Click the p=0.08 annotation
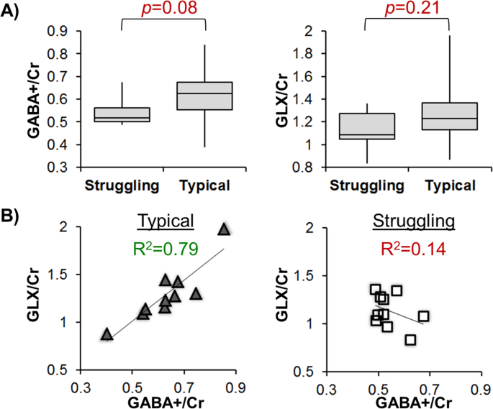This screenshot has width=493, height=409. click(x=164, y=9)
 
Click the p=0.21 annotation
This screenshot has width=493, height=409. click(x=407, y=9)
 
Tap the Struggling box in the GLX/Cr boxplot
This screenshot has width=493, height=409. click(x=366, y=126)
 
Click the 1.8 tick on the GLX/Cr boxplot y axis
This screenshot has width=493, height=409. click(x=299, y=54)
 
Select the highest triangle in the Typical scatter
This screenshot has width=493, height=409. click(x=224, y=229)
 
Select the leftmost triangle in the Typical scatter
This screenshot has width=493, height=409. click(x=107, y=334)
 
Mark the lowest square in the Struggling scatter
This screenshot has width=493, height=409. click(x=410, y=339)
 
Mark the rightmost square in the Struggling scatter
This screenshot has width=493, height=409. click(x=423, y=316)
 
